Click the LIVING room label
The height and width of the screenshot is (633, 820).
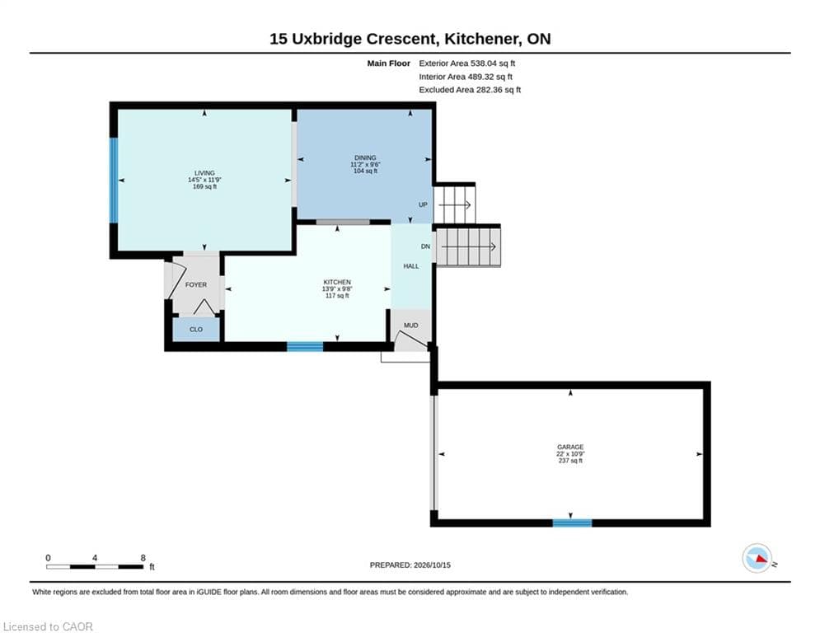pos(204,173)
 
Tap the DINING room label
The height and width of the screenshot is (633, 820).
pos(365,157)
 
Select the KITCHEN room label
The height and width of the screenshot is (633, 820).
pos(337,282)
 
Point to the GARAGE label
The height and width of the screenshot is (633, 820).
pos(570,448)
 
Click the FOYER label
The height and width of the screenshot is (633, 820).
pos(196,284)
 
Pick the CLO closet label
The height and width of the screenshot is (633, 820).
pos(196,330)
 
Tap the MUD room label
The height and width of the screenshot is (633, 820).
pos(410,326)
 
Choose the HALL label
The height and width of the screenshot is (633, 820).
pos(411,266)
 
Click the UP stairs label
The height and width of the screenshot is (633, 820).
pos(423,204)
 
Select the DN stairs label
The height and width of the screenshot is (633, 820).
pos(426,246)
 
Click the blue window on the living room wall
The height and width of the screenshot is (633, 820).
pos(113,180)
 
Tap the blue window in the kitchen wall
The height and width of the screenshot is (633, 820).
pos(305,346)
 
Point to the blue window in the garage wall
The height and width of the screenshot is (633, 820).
pos(572,523)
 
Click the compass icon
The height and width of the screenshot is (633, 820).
pos(757,558)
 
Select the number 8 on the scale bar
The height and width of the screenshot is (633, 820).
pos(143,558)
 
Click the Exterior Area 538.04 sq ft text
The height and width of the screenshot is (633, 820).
pos(467,63)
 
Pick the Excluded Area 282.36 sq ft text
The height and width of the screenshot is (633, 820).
pos(470,90)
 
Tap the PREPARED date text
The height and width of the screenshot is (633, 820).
pos(410,565)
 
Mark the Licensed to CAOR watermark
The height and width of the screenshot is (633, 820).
pos(48,626)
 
